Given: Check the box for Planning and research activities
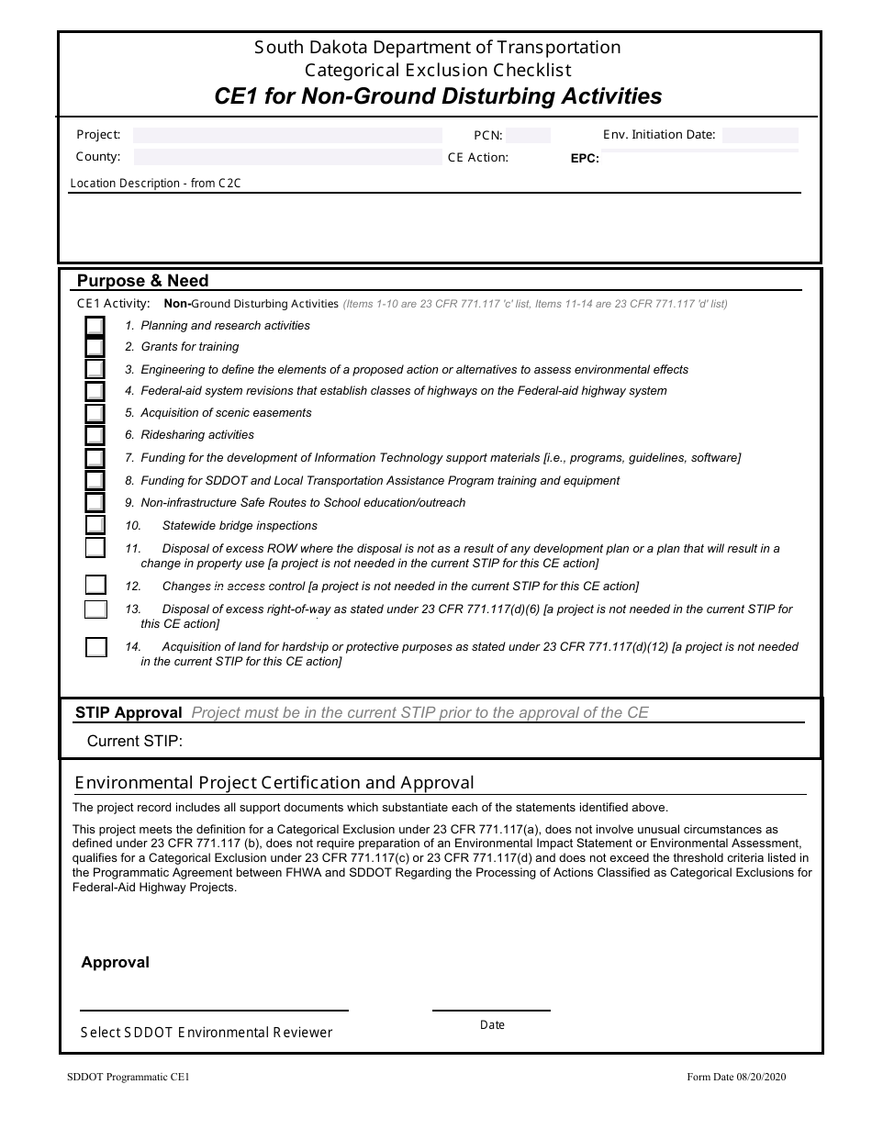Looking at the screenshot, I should (95, 326).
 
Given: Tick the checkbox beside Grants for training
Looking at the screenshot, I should (95, 347).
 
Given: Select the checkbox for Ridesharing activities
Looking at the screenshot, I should (95, 435).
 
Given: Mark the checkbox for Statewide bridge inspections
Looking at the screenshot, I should (95, 525).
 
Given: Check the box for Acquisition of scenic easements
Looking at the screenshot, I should (95, 414).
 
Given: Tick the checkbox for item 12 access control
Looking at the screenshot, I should (95, 585).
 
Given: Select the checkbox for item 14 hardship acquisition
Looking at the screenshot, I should (95, 647).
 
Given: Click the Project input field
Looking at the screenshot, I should (287, 135).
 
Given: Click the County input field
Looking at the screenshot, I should (287, 157).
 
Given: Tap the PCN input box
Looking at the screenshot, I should (528, 136).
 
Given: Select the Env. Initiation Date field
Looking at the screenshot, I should (760, 135).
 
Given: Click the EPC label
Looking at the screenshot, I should (585, 158).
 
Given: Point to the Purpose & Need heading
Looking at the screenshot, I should (142, 281).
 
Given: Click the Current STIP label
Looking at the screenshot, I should (135, 741).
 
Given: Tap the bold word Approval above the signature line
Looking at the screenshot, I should (115, 962).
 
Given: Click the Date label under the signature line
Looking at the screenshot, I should (492, 1024).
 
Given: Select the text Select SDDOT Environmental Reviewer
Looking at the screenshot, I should (207, 1033).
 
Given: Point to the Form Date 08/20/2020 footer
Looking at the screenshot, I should (736, 1078).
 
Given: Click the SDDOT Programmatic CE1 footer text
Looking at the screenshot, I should (129, 1078).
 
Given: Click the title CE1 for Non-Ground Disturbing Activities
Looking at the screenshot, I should (438, 96).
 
